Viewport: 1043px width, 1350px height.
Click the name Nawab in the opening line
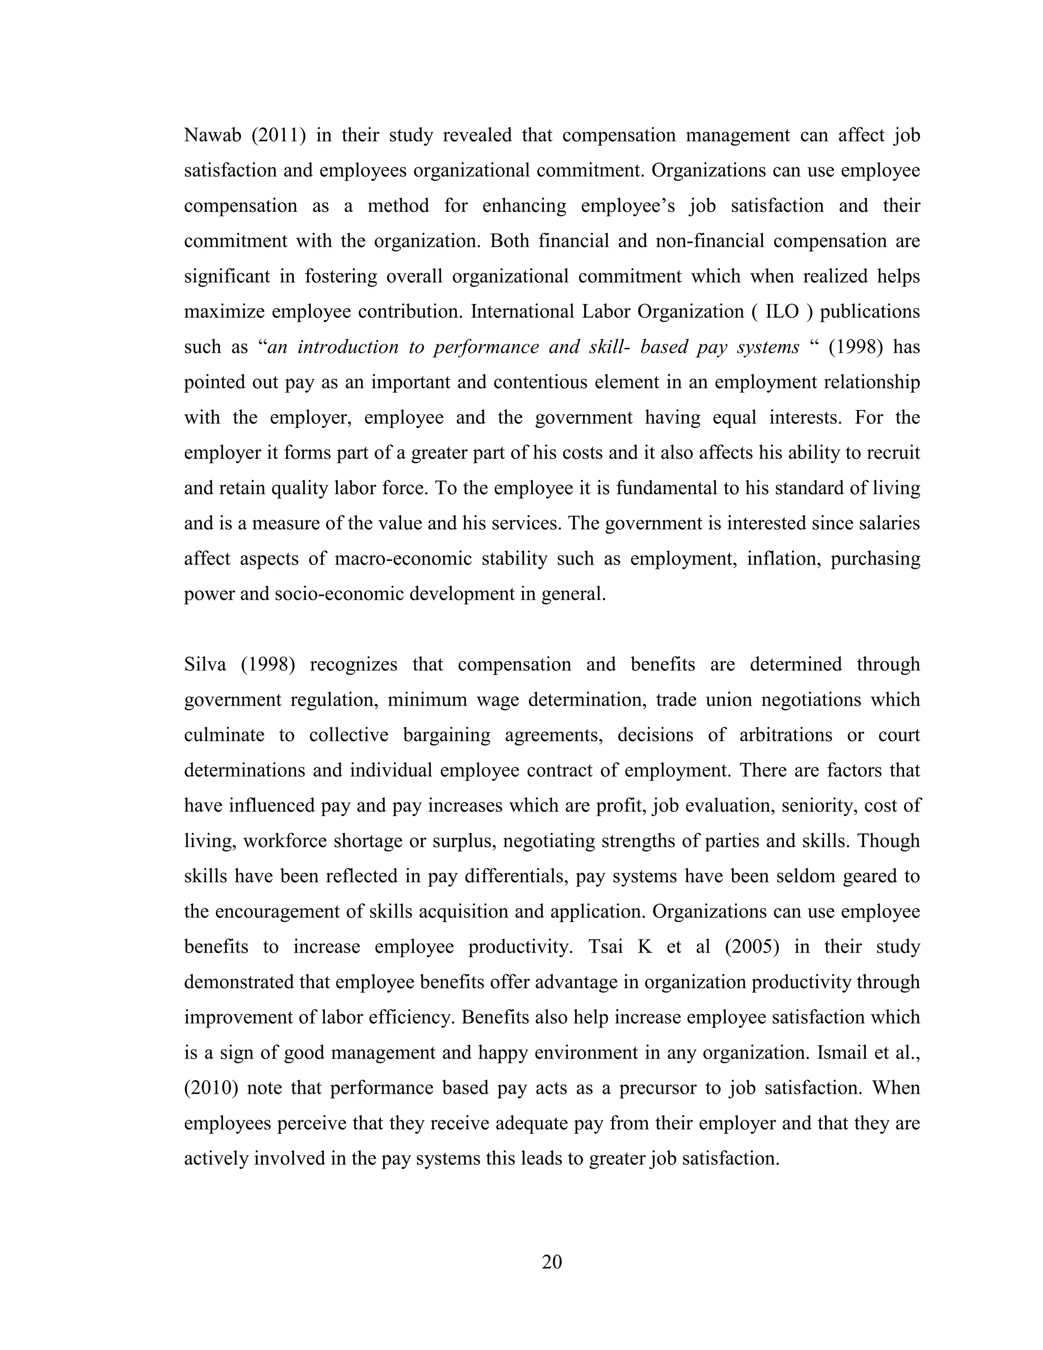(212, 136)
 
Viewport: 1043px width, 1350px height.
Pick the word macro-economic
(403, 559)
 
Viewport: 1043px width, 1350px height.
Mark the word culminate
(224, 736)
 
